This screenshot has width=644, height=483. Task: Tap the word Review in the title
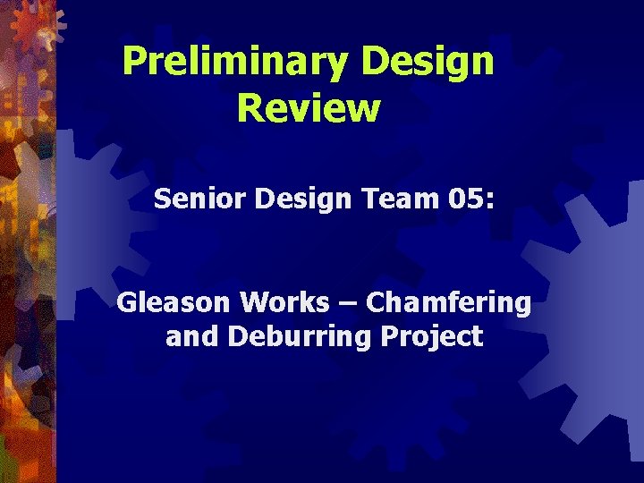click(309, 108)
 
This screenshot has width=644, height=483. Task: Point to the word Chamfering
click(448, 302)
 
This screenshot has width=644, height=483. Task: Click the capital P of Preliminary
click(132, 61)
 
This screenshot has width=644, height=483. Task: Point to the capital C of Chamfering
click(376, 302)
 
